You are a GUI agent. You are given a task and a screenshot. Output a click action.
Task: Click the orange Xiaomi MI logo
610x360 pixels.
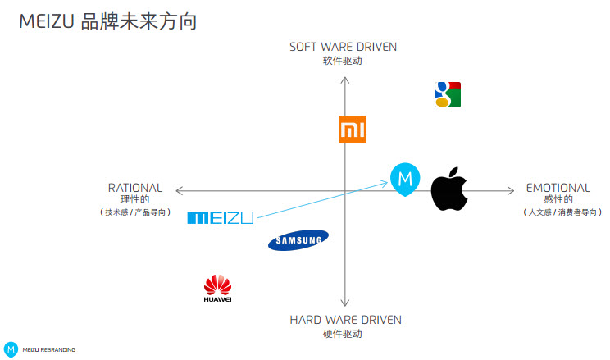click(x=353, y=130)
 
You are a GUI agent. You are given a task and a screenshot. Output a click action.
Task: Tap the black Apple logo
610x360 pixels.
click(x=448, y=189)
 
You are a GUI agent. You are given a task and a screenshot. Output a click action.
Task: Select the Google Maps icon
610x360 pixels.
click(x=448, y=94)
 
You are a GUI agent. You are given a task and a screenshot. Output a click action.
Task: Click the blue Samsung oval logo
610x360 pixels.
click(x=298, y=239)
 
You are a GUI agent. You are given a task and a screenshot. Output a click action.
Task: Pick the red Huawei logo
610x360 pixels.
click(x=217, y=289)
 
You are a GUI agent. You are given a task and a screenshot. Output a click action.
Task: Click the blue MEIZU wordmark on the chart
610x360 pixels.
click(x=220, y=217)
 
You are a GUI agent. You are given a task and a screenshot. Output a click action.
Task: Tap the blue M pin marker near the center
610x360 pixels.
click(x=405, y=180)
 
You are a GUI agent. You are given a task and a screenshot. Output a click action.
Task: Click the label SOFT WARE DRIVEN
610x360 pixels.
click(x=343, y=47)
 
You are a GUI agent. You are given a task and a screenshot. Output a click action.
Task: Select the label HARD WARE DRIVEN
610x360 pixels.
click(x=345, y=320)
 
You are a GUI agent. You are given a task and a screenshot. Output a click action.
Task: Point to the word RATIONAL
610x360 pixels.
click(x=135, y=188)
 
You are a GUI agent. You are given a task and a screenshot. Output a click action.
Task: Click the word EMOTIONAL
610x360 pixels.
click(x=558, y=188)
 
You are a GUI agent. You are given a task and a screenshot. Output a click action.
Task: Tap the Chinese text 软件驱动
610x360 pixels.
click(x=343, y=61)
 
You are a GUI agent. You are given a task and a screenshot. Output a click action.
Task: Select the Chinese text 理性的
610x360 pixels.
click(x=135, y=199)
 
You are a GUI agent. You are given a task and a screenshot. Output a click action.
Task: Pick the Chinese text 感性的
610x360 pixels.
click(x=558, y=199)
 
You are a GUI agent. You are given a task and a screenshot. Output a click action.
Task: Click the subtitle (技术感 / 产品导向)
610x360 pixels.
click(x=135, y=212)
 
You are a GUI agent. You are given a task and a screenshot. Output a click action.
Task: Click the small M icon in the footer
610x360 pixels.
click(x=11, y=349)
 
